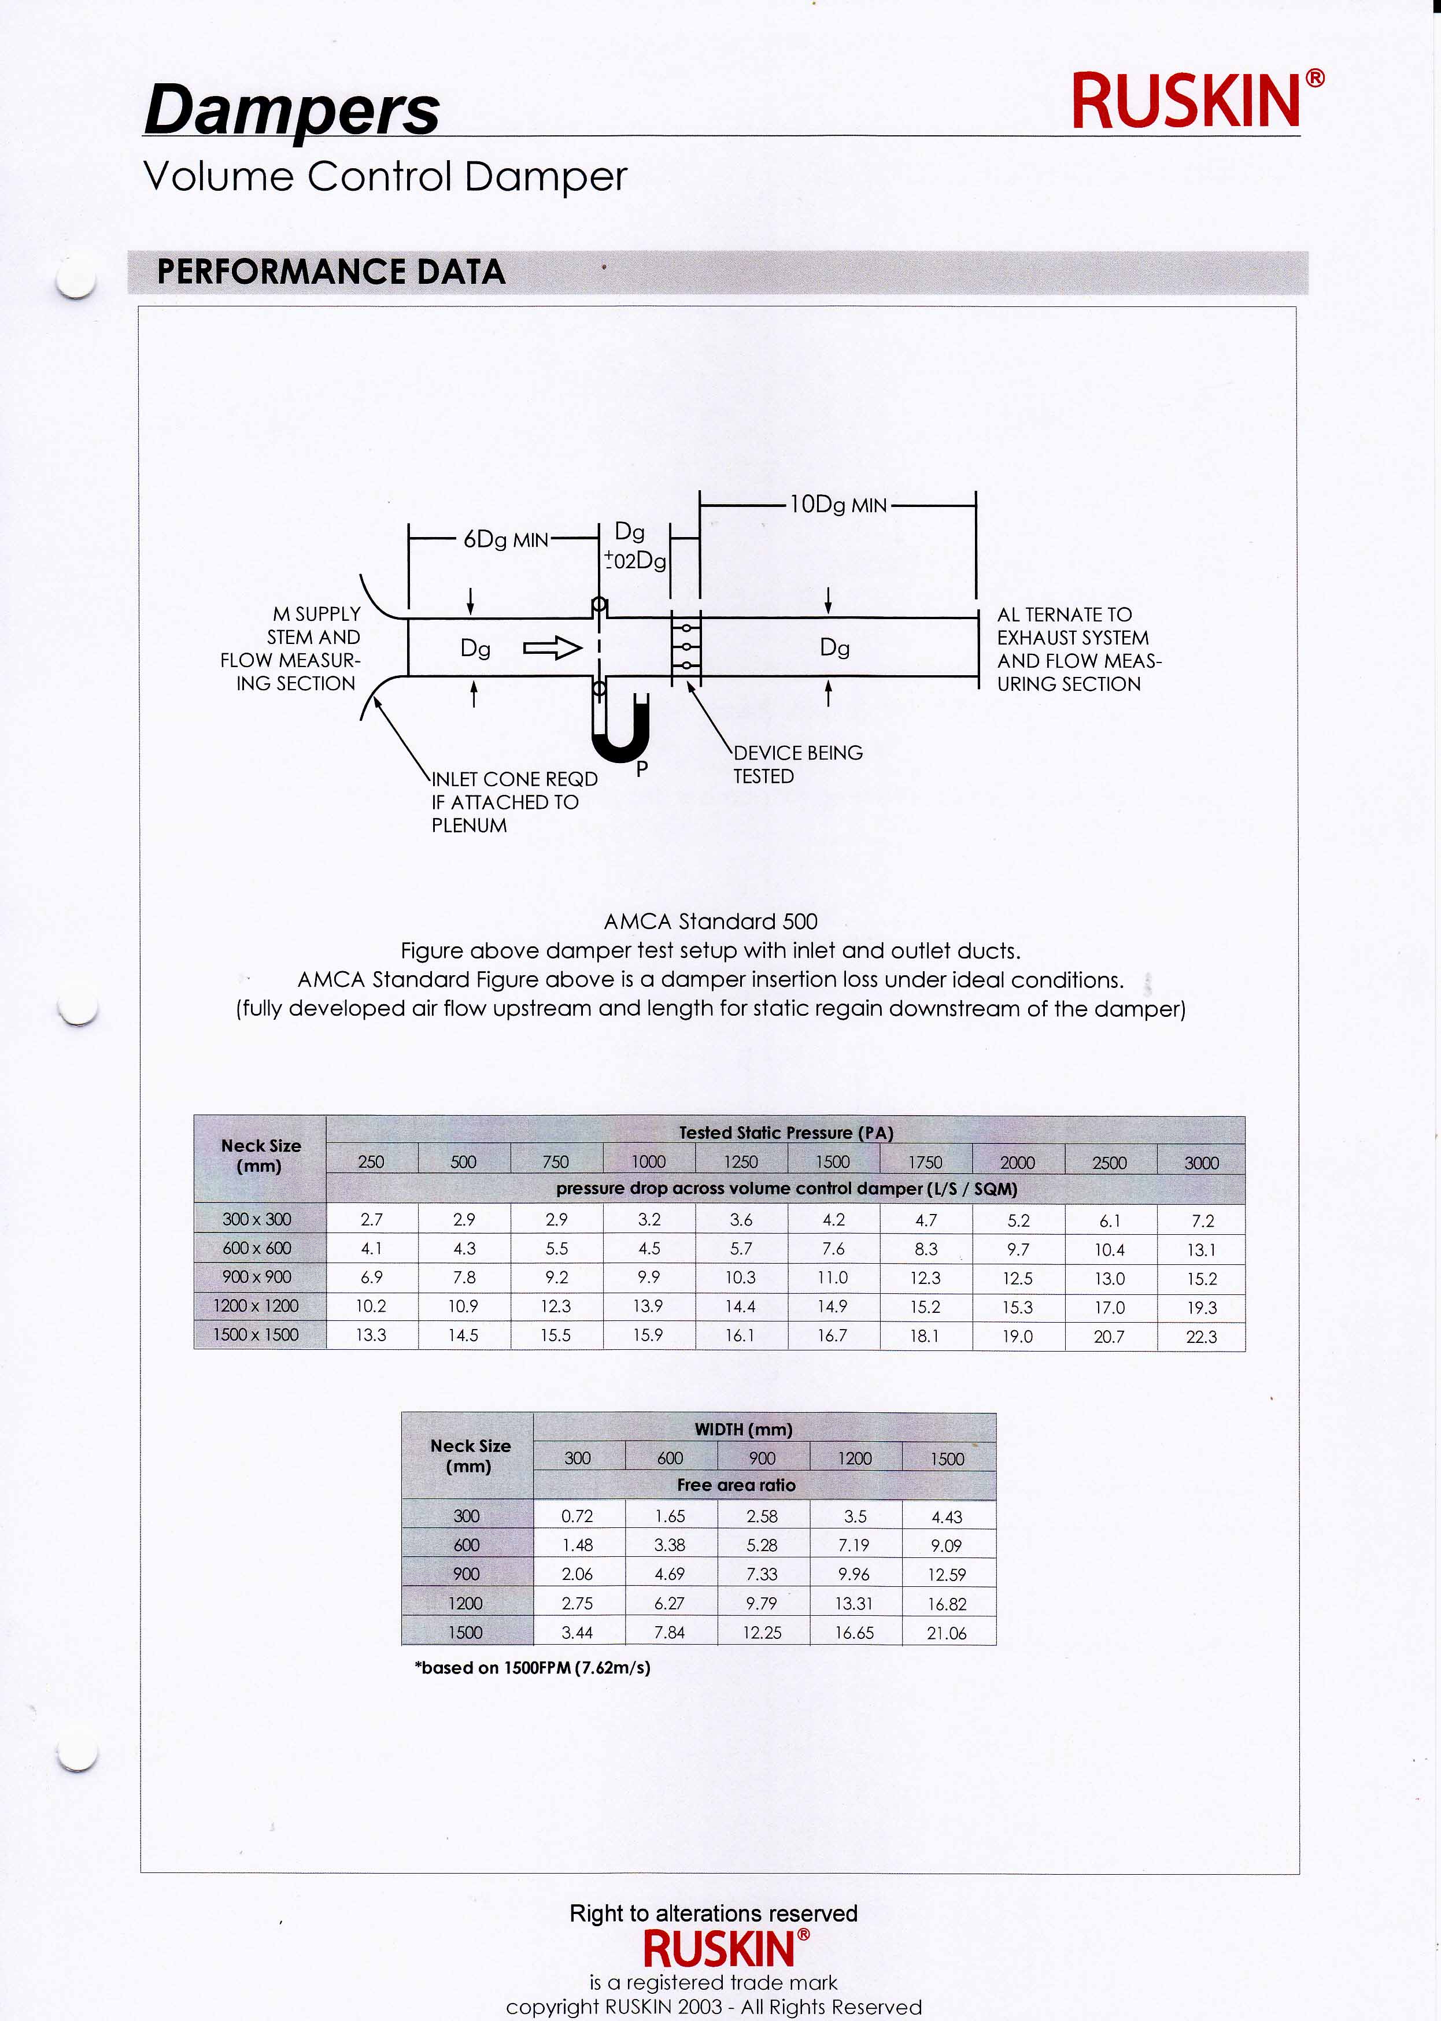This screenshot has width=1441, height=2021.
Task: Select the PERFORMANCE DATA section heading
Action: point(330,272)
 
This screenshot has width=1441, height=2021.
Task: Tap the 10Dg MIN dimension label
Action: point(838,505)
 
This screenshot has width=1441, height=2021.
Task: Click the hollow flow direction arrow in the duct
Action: point(552,649)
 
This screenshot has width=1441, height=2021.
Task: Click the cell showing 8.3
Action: point(925,1249)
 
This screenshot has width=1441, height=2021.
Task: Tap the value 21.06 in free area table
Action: point(946,1633)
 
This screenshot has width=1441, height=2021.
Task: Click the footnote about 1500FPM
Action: point(533,1668)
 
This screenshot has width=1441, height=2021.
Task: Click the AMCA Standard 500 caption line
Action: point(710,922)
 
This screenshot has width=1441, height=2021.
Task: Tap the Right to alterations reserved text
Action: point(714,1913)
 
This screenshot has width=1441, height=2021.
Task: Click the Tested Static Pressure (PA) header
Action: point(785,1133)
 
